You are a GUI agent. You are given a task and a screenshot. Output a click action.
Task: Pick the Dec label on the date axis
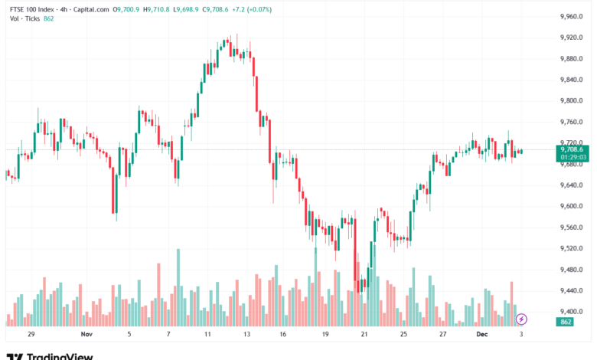click(482, 335)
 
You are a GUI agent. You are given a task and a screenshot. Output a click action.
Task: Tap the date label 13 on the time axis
click(246, 335)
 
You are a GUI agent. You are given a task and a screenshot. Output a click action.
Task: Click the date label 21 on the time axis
click(364, 335)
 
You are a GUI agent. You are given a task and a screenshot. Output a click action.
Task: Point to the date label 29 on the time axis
click(31, 335)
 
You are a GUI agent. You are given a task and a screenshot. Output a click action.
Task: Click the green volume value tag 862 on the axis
click(567, 322)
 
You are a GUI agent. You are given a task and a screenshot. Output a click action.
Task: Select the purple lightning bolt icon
click(522, 319)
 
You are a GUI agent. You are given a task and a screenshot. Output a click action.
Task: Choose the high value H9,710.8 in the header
click(161, 9)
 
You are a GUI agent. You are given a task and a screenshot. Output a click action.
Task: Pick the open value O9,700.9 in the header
click(127, 9)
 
